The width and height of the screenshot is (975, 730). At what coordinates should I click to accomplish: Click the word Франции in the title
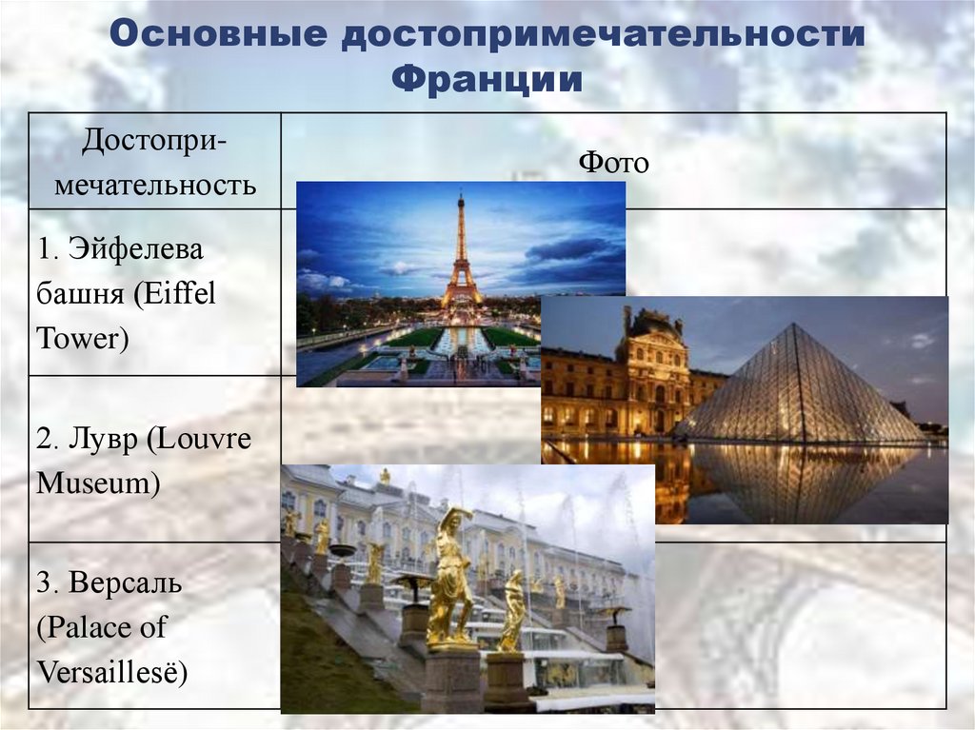487,80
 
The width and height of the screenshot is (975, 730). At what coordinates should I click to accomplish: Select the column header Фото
613,163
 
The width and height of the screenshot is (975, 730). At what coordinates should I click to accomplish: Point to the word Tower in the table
83,338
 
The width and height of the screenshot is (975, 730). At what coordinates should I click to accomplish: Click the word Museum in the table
98,483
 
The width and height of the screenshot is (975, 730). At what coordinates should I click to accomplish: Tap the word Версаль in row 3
125,582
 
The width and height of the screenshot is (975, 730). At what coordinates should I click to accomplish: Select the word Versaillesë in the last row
112,673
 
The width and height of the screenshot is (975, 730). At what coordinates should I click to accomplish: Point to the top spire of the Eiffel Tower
461,195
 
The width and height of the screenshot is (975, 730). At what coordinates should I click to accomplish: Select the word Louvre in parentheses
204,439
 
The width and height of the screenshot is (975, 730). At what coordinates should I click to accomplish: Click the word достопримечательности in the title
603,35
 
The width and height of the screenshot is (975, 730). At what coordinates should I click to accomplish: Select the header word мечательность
155,185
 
